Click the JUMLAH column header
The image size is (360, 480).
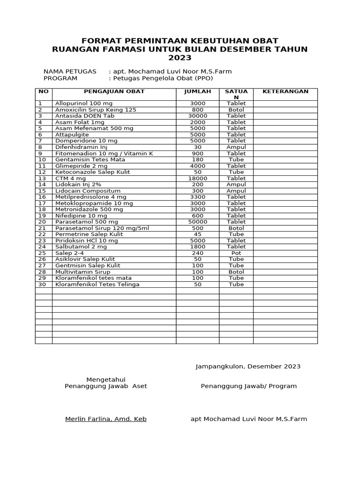pos(197,91)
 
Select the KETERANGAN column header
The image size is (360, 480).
pos(285,91)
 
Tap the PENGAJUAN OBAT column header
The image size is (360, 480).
pos(114,91)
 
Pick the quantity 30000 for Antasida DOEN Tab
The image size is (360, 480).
pos(197,116)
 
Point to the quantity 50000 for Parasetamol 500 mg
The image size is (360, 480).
pos(197,222)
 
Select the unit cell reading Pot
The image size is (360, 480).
pos(236,253)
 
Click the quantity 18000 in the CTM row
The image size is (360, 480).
pos(197,178)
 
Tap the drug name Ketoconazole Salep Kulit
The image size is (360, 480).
pos(92,172)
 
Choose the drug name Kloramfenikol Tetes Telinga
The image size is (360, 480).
pos(97,284)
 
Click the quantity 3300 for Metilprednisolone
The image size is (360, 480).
pos(197,197)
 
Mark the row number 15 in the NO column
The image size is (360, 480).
pos(42,191)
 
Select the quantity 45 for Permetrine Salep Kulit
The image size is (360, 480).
pos(197,234)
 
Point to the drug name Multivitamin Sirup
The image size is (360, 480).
pos(83,271)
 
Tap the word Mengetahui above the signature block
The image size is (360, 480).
pos(105,379)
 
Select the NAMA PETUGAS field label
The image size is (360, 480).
pos(70,71)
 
